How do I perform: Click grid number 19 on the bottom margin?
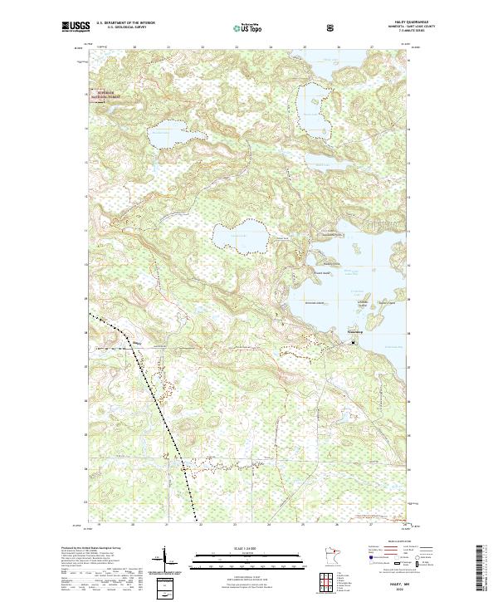pyautogui.click(x=99, y=525)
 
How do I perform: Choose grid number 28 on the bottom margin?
pyautogui.click(x=406, y=525)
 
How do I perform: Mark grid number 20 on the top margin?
pyautogui.click(x=134, y=47)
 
